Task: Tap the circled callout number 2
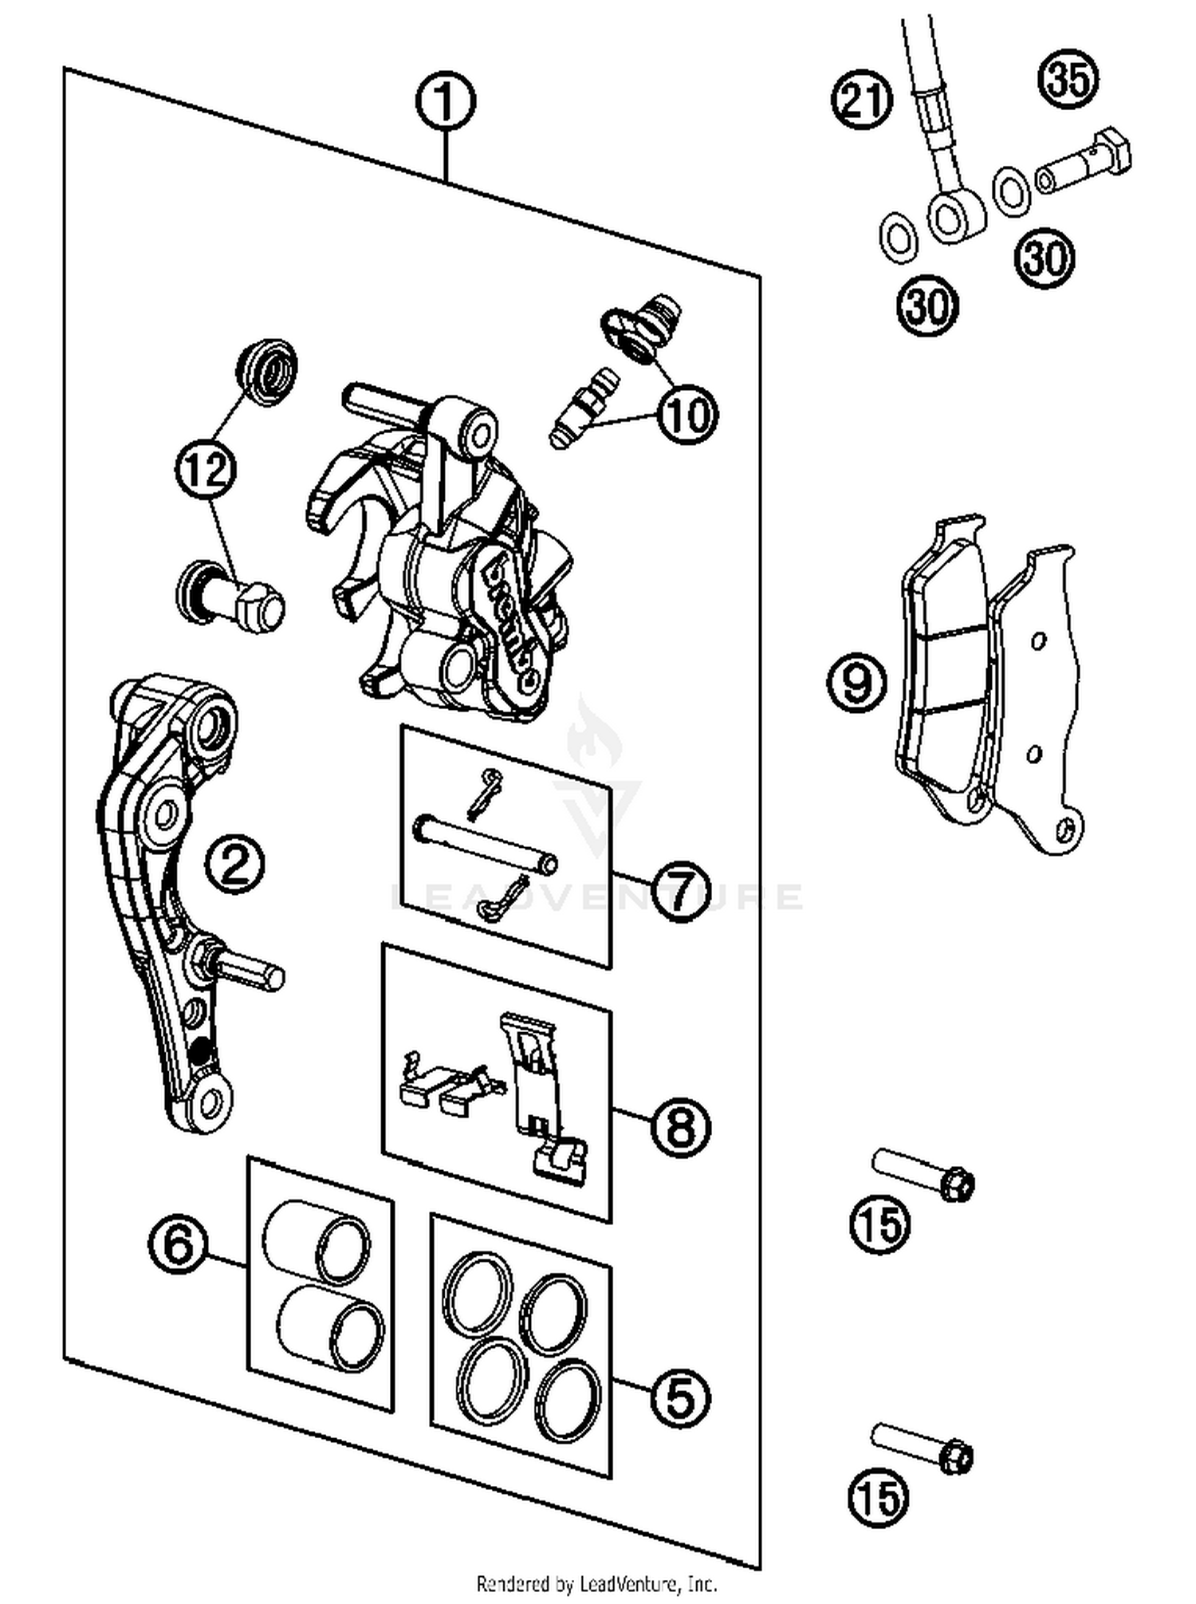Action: (x=234, y=864)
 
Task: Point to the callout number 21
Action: (x=863, y=100)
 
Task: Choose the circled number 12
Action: (x=207, y=469)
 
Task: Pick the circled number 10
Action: (x=687, y=414)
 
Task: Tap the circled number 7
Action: (x=679, y=891)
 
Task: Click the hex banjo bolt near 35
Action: (x=1084, y=164)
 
